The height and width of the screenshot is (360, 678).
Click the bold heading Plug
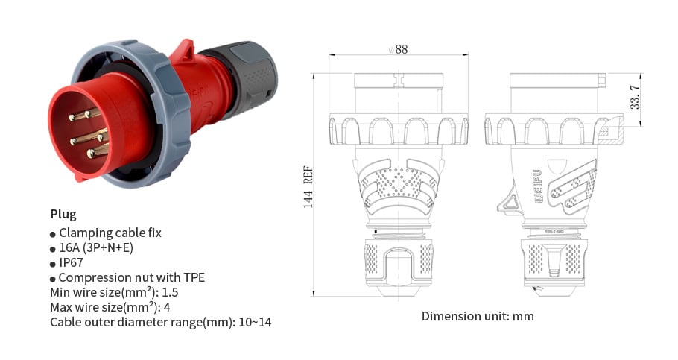point(63,215)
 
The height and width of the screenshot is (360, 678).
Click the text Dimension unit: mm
point(478,316)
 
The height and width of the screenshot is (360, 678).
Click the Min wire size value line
point(115,292)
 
